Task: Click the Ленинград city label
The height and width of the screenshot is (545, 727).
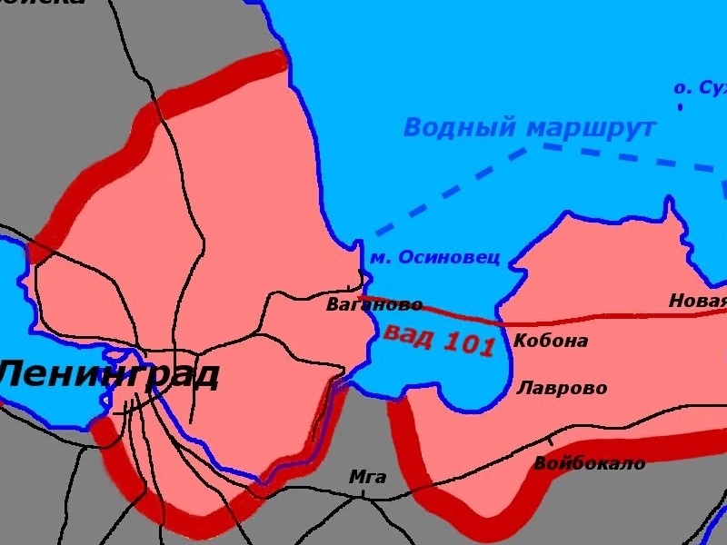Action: point(109,373)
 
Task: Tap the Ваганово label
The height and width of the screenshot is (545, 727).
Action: point(374,305)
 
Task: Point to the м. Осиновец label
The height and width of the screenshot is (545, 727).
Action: point(434,258)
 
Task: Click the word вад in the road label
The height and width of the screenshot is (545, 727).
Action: point(407,333)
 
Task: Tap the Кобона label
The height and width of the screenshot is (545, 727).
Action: point(551,342)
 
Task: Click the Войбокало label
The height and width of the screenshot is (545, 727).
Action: point(589,463)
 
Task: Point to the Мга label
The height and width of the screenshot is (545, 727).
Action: point(367,478)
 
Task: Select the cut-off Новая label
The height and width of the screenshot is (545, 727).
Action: point(698,301)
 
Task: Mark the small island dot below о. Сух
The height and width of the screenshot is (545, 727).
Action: point(680,107)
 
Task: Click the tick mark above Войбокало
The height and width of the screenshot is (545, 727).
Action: point(551,441)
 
